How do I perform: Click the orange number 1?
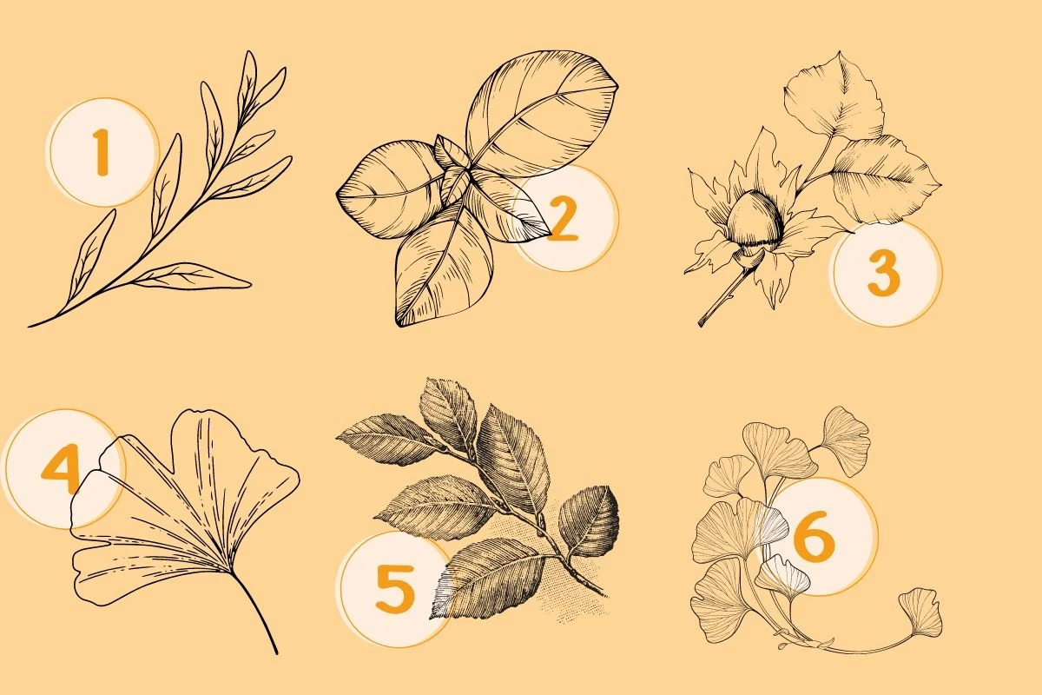coord(101,153)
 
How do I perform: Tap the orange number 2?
coord(563,218)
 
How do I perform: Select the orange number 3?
coord(884,274)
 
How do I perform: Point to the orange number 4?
coord(61,468)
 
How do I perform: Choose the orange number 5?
coord(395,588)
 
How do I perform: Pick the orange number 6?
coord(814,535)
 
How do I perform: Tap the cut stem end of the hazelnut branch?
coord(701,322)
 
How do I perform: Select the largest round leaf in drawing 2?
coord(542,115)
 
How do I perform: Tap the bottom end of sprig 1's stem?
coord(30,326)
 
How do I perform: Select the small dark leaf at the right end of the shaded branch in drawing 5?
coord(590,520)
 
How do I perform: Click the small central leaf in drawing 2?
coord(454,183)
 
